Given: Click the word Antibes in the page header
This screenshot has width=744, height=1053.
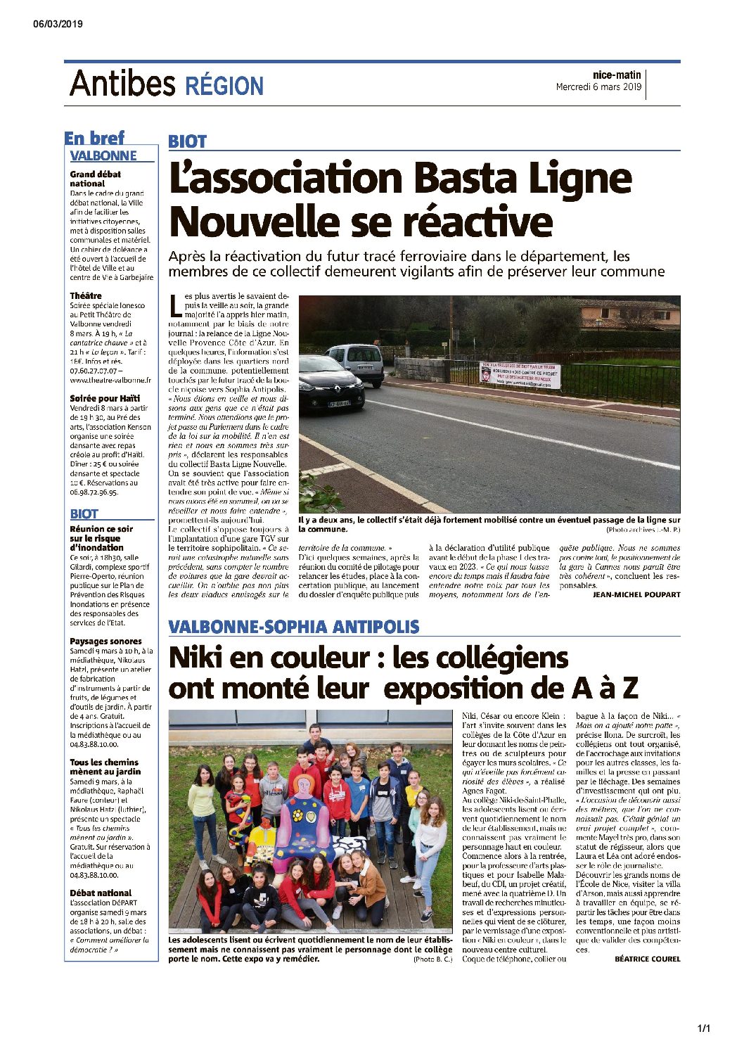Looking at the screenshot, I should (122, 84).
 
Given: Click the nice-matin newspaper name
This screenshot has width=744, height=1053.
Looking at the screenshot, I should (617, 75).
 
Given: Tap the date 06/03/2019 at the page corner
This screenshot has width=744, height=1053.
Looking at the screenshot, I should (58, 24).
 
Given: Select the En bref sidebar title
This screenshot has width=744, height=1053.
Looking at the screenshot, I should (94, 138).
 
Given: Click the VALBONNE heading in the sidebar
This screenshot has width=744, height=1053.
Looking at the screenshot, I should (103, 155).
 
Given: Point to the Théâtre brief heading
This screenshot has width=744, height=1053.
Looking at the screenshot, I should (86, 296).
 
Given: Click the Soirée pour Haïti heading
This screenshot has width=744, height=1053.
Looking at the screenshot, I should (105, 398).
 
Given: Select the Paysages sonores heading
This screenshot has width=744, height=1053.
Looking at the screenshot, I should (105, 641).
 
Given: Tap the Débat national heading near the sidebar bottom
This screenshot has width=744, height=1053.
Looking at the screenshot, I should (101, 893).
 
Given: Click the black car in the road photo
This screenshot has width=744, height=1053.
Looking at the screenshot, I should (330, 383).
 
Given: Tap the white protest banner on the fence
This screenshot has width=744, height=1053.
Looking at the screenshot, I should (520, 375).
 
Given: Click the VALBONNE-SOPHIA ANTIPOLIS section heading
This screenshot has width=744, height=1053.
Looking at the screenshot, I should (294, 626).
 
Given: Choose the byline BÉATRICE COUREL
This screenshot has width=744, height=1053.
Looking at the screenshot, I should (647, 959).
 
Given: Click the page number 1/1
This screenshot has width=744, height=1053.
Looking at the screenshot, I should (703, 1029).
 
